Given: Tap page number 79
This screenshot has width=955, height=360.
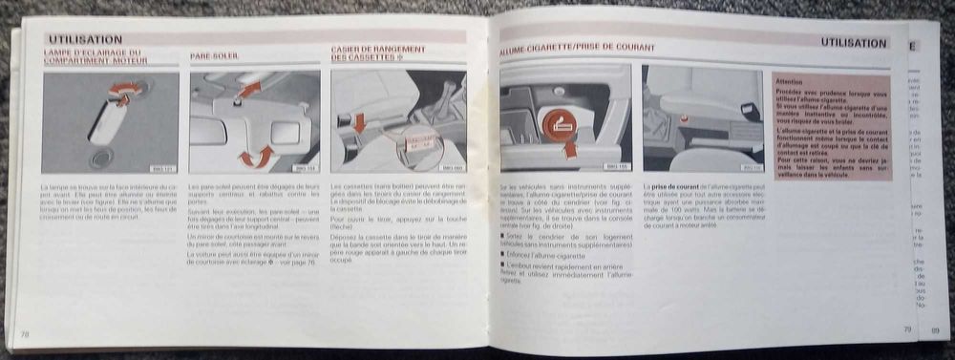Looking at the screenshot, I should pyautogui.click(x=908, y=330).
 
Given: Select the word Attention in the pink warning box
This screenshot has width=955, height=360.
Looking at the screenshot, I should pyautogui.click(x=789, y=83).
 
